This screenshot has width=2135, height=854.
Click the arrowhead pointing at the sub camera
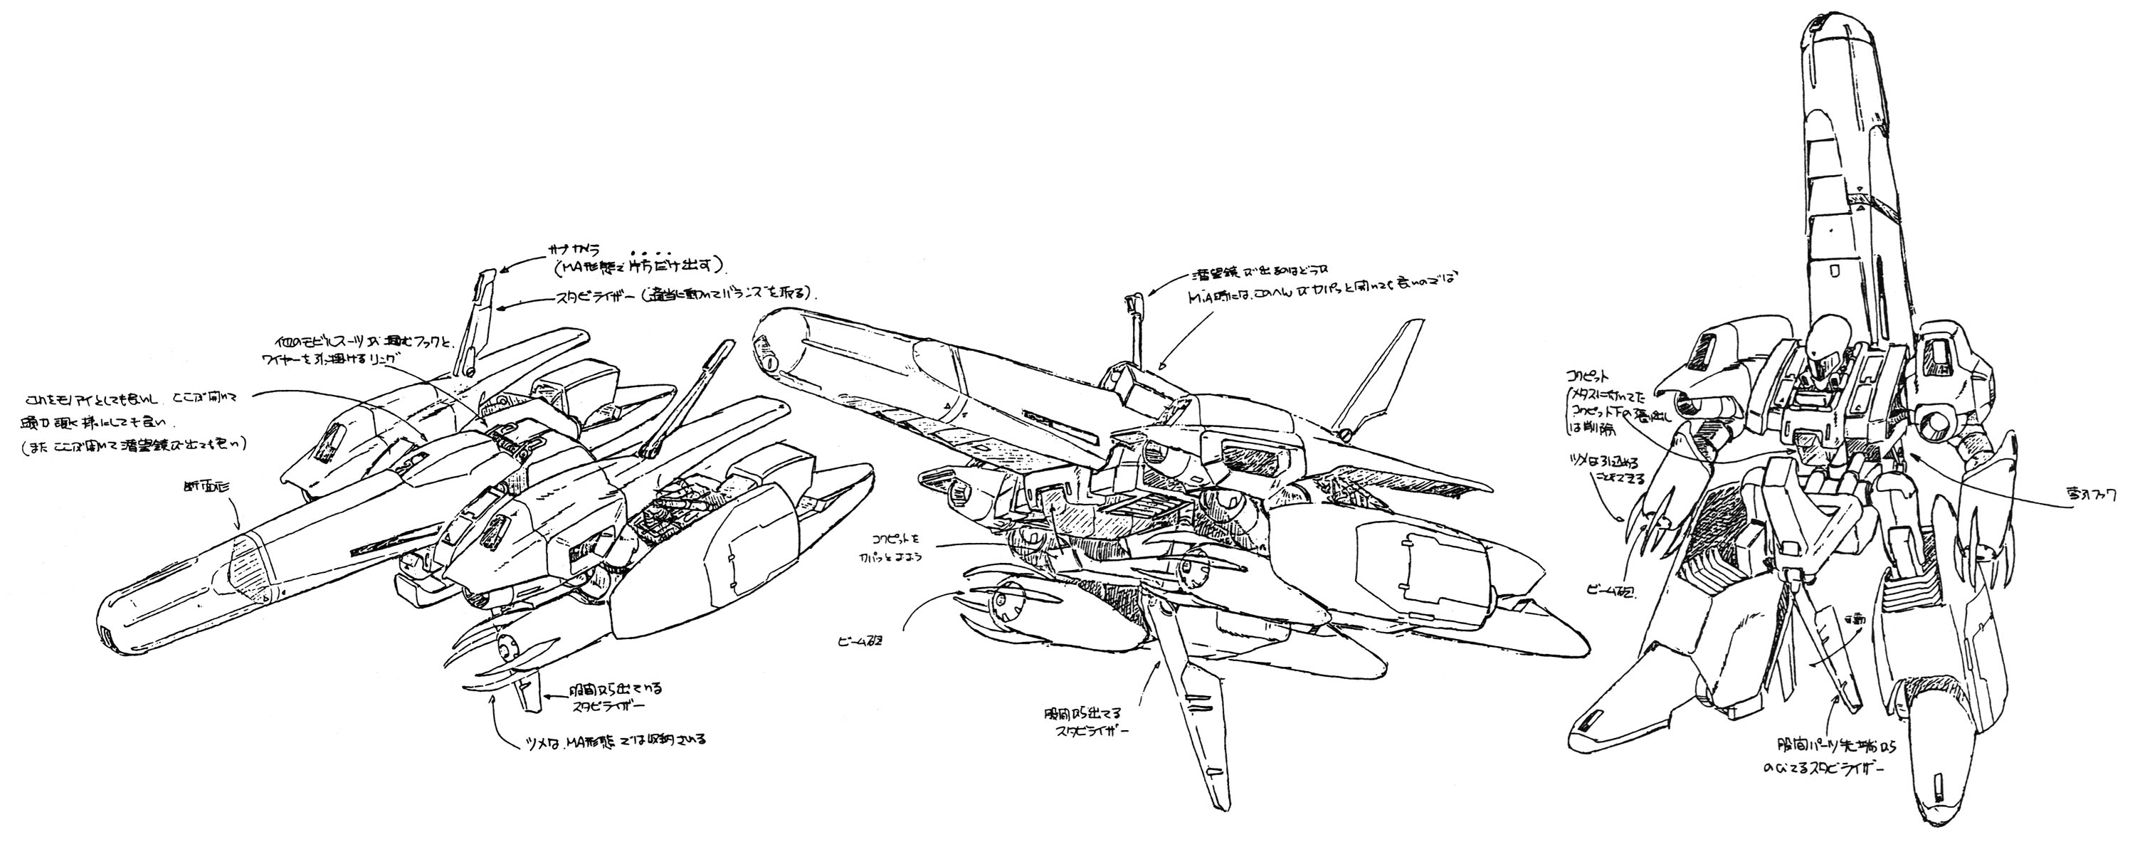click(x=502, y=268)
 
